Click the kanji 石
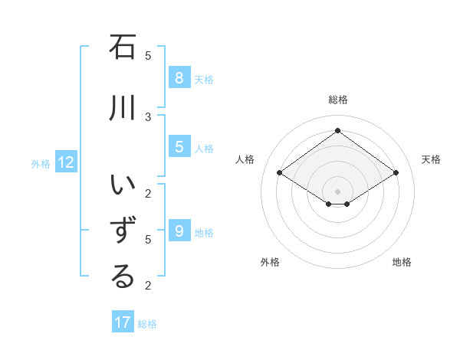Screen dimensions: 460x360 [123, 47]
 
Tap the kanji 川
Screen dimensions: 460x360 [123, 108]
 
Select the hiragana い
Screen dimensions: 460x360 [123, 186]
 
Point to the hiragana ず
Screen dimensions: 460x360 [123, 231]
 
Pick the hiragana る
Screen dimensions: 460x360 [123, 277]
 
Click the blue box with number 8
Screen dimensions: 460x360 [179, 78]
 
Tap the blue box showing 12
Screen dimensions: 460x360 [65, 162]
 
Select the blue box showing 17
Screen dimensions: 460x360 [123, 322]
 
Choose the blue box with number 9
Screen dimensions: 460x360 [179, 231]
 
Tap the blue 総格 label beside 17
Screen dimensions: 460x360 [147, 324]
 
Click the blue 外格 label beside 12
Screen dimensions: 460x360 [41, 163]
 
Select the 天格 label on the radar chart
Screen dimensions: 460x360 [431, 159]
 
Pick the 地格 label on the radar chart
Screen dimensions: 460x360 [402, 262]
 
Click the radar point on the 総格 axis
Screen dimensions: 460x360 [337, 130]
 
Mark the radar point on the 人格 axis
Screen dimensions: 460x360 [279, 173]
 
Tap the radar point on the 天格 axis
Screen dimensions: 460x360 [396, 173]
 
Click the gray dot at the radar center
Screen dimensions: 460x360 [337, 191]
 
